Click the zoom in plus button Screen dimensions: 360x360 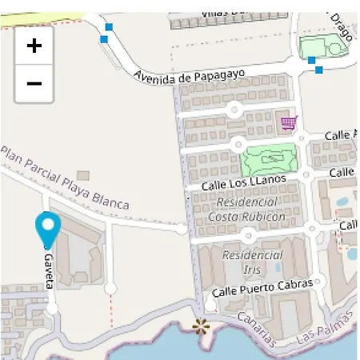click(x=34, y=46)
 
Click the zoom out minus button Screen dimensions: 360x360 click(x=34, y=83)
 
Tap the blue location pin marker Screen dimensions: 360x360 click(x=48, y=230)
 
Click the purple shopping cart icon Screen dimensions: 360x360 click(x=288, y=123)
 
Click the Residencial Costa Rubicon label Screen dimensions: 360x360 click(x=246, y=210)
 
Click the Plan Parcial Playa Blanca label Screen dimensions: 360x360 click(x=64, y=178)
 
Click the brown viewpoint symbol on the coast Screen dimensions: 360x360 click(x=200, y=325)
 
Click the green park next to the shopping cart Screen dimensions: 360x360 click(x=271, y=159)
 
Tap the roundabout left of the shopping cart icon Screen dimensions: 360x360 click(x=234, y=109)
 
